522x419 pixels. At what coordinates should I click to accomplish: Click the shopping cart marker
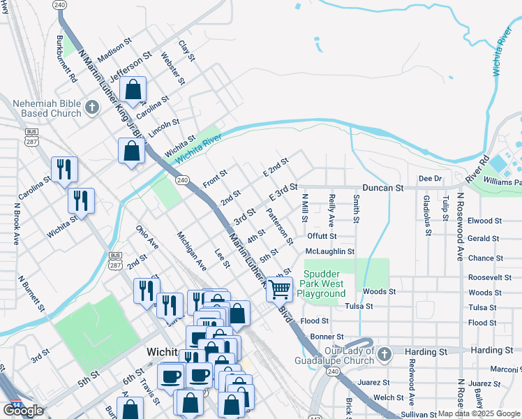(279, 288)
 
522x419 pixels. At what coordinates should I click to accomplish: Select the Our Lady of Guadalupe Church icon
(383, 355)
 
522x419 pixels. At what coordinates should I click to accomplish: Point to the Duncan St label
(383, 189)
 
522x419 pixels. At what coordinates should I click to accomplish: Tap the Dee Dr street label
(431, 179)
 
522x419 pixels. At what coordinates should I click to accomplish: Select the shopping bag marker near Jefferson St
(133, 90)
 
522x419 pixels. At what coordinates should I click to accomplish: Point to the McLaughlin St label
(330, 251)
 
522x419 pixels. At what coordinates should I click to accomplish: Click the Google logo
(23, 410)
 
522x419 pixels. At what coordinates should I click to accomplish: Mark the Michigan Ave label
(191, 251)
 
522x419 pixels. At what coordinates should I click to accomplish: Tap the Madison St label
(114, 50)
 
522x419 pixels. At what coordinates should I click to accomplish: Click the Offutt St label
(322, 236)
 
